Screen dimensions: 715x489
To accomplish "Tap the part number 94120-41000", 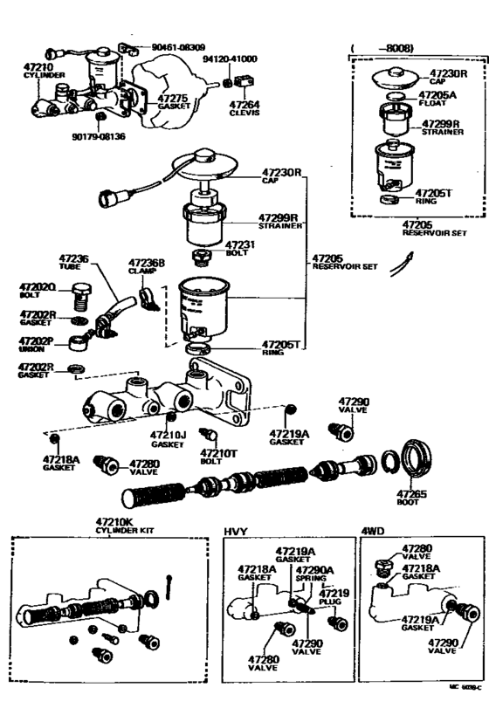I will click(230, 58).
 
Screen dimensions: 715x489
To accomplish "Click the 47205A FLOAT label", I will click(438, 97).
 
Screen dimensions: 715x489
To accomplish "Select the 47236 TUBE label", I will click(73, 262).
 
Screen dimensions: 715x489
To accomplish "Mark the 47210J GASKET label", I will click(166, 439).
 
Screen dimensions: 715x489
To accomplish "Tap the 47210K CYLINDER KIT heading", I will click(127, 526).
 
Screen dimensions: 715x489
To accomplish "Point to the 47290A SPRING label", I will click(311, 574).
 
